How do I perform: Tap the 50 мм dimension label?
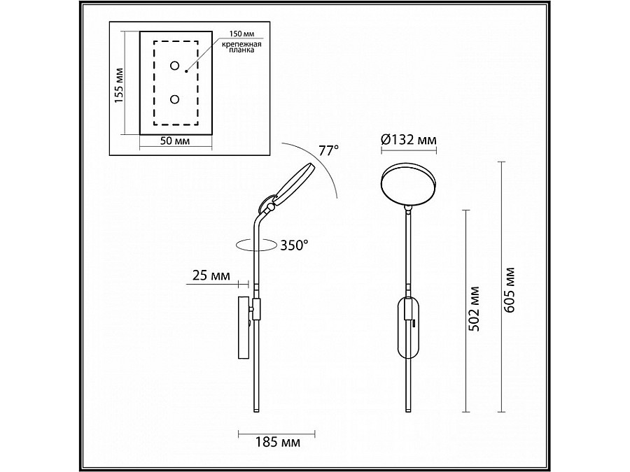175,141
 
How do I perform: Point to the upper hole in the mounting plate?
174,66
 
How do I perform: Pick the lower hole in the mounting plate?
174,99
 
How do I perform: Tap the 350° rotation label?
295,245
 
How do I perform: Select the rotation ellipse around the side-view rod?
256,244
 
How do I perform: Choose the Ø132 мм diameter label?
409,141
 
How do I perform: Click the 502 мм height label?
475,309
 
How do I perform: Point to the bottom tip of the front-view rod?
409,411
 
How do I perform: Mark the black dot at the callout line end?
187,70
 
